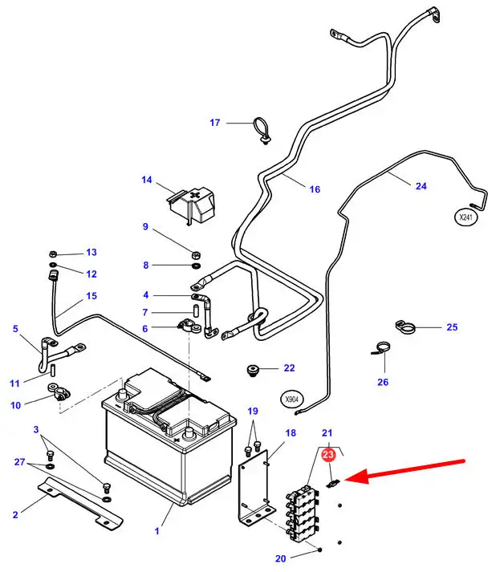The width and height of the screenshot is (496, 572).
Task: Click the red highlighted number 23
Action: [x=327, y=455]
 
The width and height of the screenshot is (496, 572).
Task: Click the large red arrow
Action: [x=410, y=471]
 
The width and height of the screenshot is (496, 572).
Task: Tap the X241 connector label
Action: [x=466, y=217]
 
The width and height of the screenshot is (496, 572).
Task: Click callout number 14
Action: [x=146, y=180]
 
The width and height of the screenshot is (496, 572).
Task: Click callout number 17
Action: [x=214, y=123]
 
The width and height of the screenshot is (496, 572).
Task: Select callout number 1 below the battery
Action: [x=157, y=531]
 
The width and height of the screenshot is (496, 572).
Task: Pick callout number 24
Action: [x=421, y=186]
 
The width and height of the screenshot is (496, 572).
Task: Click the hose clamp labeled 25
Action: [x=406, y=327]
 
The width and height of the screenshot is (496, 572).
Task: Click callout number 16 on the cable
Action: [x=315, y=189]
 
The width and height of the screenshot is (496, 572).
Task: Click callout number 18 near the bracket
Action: [x=291, y=433]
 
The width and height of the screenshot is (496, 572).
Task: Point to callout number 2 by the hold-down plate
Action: [x=15, y=514]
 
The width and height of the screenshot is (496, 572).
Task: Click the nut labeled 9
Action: [x=196, y=245]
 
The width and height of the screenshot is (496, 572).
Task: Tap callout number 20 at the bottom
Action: [x=280, y=559]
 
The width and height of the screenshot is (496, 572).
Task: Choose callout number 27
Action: [x=20, y=463]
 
